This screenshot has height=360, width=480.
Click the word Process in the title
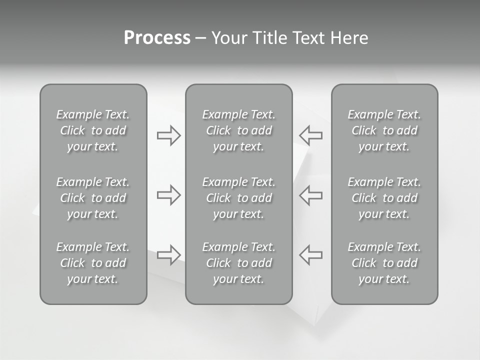click(x=157, y=38)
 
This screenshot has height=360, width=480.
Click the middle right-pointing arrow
click(x=168, y=195)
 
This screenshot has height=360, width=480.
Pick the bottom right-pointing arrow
click(x=168, y=254)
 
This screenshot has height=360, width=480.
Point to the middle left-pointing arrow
click(x=310, y=195)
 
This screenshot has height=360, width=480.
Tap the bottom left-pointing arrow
click(x=310, y=254)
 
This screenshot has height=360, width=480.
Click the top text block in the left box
click(x=93, y=130)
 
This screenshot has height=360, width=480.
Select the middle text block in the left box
click(x=93, y=198)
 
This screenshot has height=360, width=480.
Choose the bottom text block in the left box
click(x=93, y=263)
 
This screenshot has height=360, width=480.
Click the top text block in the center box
click(x=239, y=130)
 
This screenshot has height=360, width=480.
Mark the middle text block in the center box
click(x=239, y=198)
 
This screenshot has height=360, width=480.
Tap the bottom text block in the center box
click(x=239, y=263)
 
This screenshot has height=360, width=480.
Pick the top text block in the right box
click(x=384, y=130)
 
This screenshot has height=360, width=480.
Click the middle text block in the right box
click(x=384, y=198)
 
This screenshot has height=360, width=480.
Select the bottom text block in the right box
click(x=384, y=263)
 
